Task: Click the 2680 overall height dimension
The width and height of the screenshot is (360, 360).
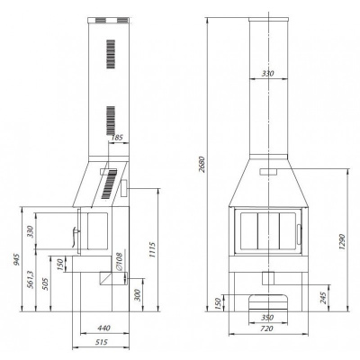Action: [202, 165]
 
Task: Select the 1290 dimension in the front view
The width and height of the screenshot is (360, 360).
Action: [343, 242]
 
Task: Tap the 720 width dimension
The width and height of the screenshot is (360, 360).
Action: [266, 328]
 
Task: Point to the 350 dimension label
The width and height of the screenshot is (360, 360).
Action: [267, 318]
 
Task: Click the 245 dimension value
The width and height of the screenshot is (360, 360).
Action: [324, 298]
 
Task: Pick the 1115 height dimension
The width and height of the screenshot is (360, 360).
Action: [152, 250]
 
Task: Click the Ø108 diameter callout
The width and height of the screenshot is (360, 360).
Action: [119, 261]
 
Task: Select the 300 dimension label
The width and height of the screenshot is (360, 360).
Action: [137, 295]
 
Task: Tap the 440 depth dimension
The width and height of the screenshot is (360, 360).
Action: [103, 328]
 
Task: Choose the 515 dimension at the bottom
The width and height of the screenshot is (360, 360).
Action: [102, 342]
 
